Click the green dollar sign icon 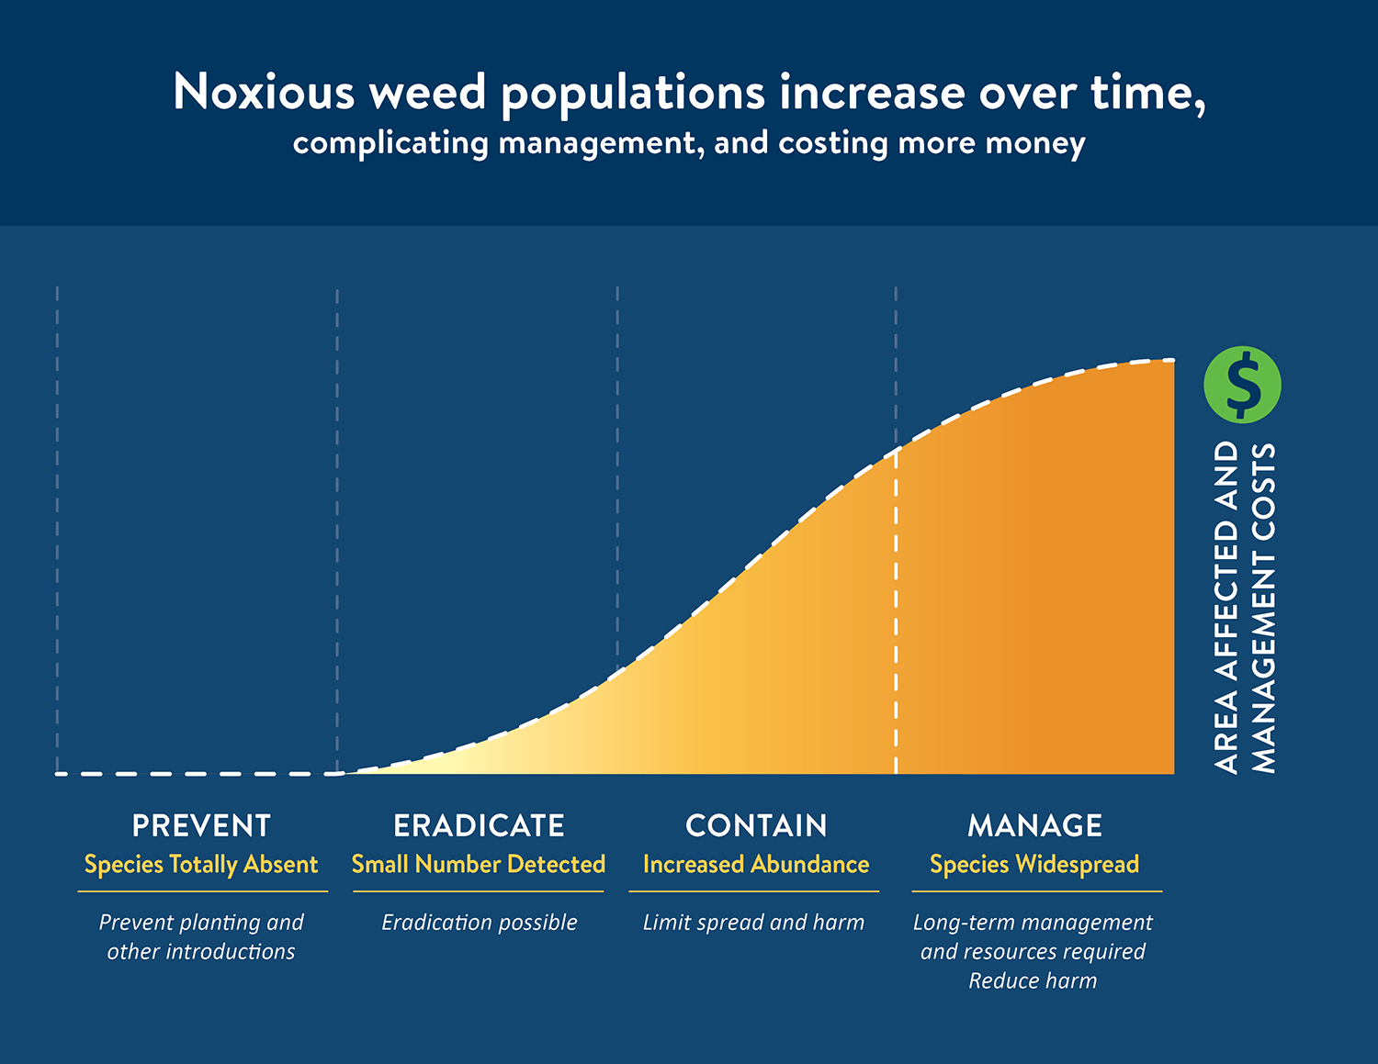[1242, 385]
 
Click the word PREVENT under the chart [201, 825]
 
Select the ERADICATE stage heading [479, 825]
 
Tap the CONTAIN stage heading [756, 825]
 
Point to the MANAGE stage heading [1034, 825]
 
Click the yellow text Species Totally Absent [201, 865]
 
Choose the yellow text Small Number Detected [479, 865]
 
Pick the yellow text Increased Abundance [756, 865]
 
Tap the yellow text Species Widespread [1034, 865]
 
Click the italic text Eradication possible [479, 923]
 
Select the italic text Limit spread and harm [753, 923]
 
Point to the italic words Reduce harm [1033, 981]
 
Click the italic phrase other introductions [201, 952]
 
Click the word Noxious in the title [264, 93]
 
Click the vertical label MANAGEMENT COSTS [1265, 609]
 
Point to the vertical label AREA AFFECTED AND [1226, 609]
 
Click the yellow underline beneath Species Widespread [1036, 890]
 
